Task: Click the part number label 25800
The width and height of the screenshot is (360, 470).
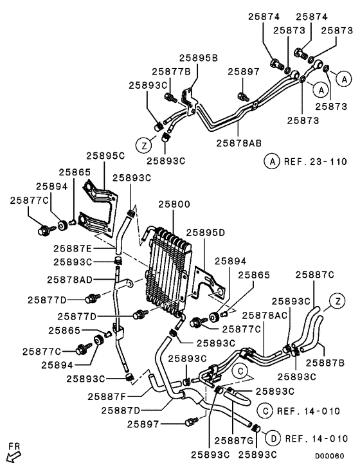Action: [x=174, y=204]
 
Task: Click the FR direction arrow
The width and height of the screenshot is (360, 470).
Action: [x=14, y=454]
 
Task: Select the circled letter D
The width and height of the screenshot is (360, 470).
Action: [x=273, y=438]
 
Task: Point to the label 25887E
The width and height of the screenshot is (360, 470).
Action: [x=74, y=248]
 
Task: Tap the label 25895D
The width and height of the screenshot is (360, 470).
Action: [x=205, y=232]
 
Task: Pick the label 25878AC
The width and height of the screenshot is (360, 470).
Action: [x=265, y=315]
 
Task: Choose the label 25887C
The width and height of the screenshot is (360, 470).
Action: [x=314, y=275]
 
